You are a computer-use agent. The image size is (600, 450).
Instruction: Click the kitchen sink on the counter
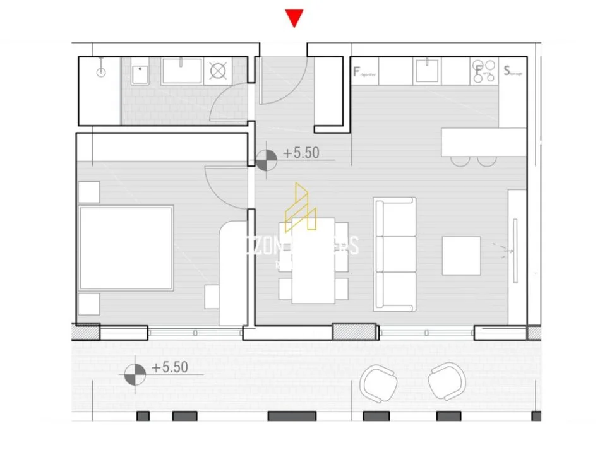(x=428, y=71)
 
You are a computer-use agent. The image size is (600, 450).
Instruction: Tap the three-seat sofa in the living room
(x=395, y=254)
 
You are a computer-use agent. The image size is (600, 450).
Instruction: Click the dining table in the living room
(x=313, y=261)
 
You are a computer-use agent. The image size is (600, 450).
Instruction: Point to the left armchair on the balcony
(x=378, y=382)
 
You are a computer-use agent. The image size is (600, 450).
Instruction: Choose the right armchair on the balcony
(x=448, y=381)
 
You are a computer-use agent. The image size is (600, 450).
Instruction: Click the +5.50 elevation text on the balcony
(x=169, y=368)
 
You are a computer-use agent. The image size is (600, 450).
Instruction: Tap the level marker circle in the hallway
(x=267, y=159)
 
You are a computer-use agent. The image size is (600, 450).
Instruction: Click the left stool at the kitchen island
(x=460, y=160)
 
